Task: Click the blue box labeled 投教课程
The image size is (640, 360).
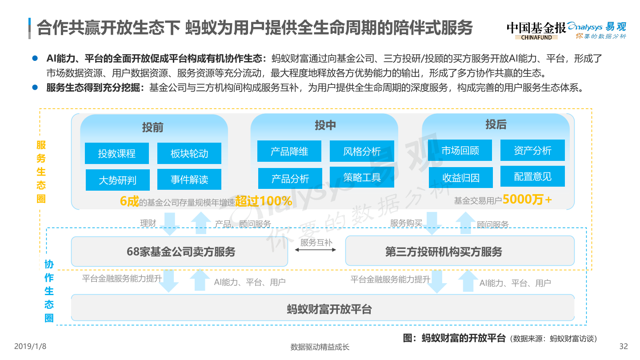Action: (x=116, y=153)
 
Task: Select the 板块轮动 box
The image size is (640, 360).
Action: (x=189, y=153)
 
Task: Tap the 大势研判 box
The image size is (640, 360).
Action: (x=117, y=180)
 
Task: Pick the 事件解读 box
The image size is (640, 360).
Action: (x=189, y=180)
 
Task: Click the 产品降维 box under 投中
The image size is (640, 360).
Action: (x=289, y=151)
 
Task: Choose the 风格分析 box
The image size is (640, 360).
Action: (x=362, y=151)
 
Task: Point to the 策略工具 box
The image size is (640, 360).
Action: (x=362, y=177)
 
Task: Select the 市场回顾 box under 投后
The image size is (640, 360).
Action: (x=460, y=150)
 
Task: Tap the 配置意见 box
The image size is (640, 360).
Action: (x=532, y=176)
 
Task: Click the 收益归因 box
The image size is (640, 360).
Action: (x=460, y=178)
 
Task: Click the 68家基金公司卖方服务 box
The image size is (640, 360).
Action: (x=180, y=252)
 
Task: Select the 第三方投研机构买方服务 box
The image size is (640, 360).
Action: (x=460, y=251)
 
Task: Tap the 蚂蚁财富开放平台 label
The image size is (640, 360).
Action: (x=329, y=309)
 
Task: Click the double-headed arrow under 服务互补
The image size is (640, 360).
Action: (x=316, y=250)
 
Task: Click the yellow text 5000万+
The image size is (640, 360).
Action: (x=527, y=200)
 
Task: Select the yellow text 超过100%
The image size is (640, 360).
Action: (x=264, y=201)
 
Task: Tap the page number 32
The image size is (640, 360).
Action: (x=624, y=346)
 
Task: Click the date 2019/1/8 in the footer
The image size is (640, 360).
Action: (x=30, y=346)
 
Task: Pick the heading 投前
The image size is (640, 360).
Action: (x=152, y=128)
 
